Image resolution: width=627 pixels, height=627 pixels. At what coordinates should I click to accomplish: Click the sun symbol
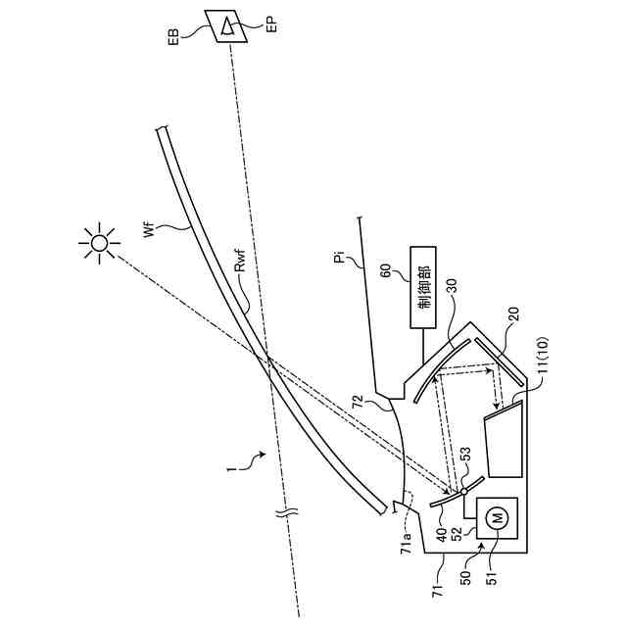(x=98, y=242)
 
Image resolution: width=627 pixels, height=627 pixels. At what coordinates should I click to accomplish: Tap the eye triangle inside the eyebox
(x=228, y=26)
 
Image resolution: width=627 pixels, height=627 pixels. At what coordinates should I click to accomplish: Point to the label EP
(x=271, y=25)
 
